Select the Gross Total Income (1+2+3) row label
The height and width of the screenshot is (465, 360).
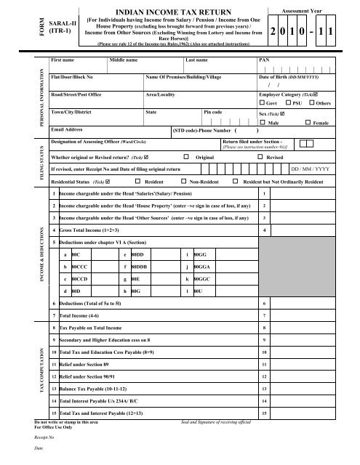pyautogui.click(x=91, y=230)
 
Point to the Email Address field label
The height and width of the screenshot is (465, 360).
pyautogui.click(x=72, y=129)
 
